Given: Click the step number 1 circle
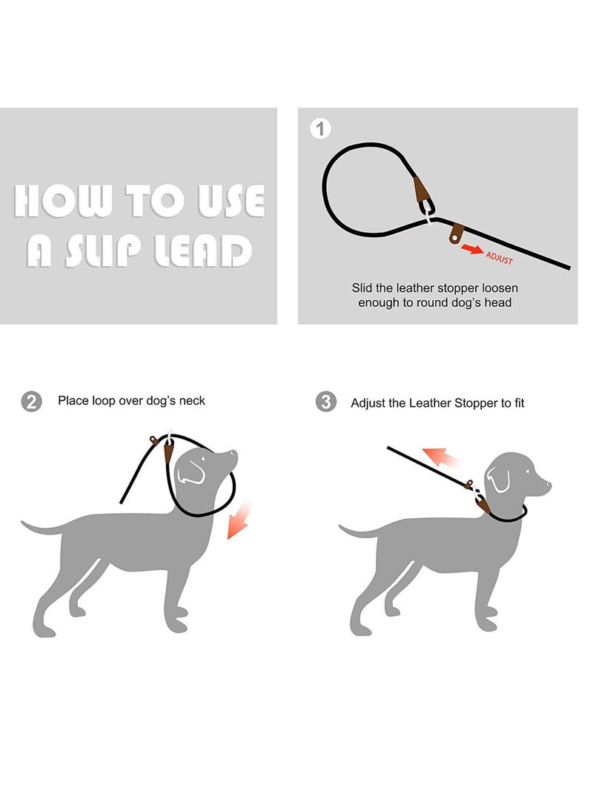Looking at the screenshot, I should click(319, 129).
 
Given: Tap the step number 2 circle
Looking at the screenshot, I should click(31, 402).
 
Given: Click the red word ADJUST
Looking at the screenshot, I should click(499, 258).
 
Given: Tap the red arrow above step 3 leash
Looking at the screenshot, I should click(440, 459).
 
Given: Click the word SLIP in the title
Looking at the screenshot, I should click(107, 252).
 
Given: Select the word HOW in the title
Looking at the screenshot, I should click(63, 201).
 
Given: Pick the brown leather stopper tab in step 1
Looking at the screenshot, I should click(456, 233).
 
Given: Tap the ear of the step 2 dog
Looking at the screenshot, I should click(191, 471).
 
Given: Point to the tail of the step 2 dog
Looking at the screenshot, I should click(41, 528).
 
